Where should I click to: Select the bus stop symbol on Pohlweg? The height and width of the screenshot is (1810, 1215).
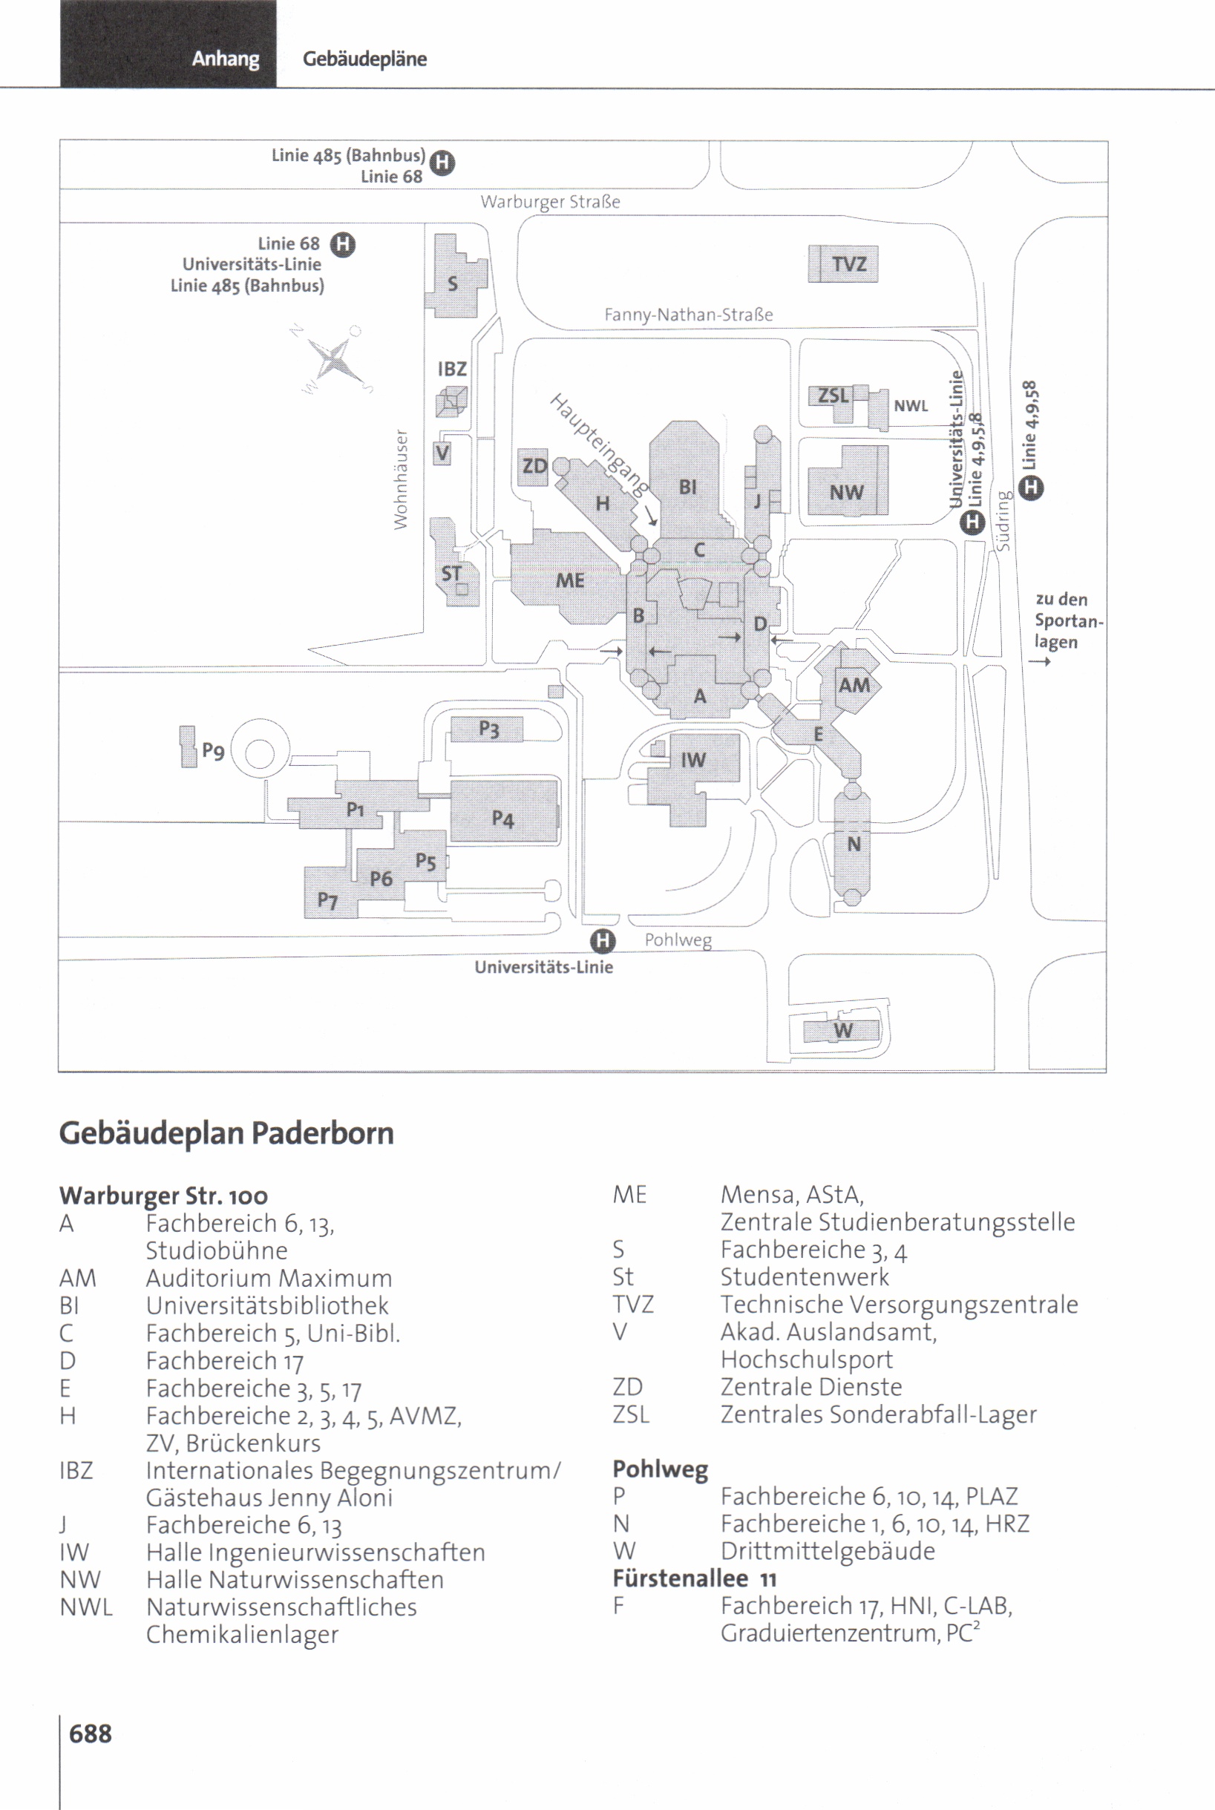[602, 942]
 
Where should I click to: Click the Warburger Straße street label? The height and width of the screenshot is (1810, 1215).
[550, 203]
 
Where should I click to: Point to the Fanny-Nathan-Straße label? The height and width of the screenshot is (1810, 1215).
[688, 315]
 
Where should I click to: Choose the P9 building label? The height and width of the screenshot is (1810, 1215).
[213, 751]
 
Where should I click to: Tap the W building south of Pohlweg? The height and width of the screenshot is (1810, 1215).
[842, 1031]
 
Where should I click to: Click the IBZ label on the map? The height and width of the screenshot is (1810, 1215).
[452, 369]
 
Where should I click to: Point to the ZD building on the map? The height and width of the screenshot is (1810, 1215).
[533, 467]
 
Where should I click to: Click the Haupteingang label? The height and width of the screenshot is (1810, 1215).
[598, 444]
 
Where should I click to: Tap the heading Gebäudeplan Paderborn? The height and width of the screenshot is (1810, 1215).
[226, 1132]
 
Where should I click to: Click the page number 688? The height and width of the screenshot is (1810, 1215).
[90, 1734]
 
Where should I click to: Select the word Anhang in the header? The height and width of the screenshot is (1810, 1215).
[226, 59]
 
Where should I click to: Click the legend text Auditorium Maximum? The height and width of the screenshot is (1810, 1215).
[269, 1278]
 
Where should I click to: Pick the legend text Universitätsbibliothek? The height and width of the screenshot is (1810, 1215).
[267, 1305]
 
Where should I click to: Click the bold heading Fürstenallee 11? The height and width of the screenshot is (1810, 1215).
[694, 1578]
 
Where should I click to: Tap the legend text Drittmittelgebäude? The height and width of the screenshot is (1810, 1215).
[828, 1550]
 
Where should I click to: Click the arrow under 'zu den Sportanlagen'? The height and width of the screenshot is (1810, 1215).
[1039, 662]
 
